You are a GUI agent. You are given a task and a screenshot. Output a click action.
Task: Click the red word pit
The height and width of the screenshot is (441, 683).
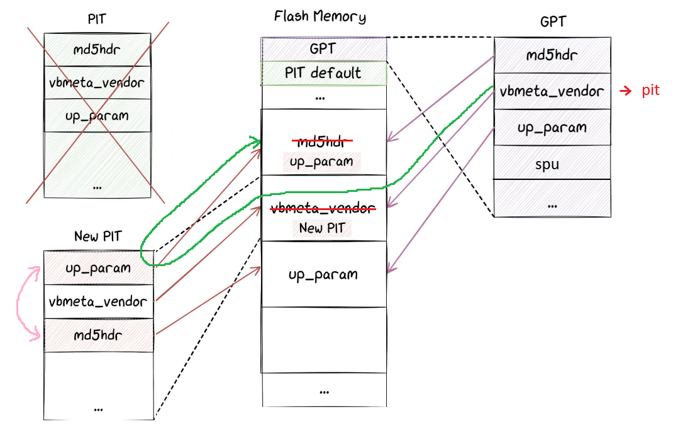tap(650, 91)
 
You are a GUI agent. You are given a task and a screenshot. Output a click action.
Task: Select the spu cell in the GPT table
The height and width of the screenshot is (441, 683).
tap(552, 164)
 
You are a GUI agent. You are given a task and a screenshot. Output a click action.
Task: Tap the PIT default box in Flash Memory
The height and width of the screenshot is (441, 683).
tap(323, 73)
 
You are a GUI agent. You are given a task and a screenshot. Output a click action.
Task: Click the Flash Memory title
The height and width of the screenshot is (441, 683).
tap(319, 17)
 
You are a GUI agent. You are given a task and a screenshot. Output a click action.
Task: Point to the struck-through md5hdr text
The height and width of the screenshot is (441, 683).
tap(322, 141)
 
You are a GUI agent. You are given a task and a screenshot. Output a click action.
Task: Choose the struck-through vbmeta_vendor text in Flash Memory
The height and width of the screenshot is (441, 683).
tap(323, 208)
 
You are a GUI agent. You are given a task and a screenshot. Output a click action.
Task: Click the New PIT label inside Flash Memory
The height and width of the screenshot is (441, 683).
tap(322, 228)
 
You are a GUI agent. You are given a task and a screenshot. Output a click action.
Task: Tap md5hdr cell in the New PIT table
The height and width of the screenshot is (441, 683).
tap(98, 335)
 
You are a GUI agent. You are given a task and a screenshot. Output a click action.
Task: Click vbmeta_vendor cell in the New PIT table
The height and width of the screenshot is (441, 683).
tap(98, 301)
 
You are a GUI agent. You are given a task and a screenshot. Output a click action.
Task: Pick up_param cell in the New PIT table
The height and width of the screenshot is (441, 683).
tap(98, 268)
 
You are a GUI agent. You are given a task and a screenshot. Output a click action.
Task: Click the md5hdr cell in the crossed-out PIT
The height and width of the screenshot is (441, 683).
tap(97, 50)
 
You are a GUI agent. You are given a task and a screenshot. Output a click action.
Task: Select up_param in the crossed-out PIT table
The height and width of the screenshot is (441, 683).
tap(97, 116)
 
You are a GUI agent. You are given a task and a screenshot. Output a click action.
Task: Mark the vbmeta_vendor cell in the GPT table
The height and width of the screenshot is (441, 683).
tap(552, 91)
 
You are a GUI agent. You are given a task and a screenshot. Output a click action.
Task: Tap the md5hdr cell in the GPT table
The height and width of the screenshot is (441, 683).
tap(552, 55)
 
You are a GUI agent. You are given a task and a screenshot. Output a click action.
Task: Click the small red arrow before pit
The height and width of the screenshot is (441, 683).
tap(625, 91)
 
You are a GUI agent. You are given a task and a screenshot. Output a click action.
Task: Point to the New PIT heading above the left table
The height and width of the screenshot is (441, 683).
tap(97, 237)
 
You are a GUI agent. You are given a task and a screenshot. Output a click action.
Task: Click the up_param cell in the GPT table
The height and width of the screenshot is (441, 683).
tap(552, 128)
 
